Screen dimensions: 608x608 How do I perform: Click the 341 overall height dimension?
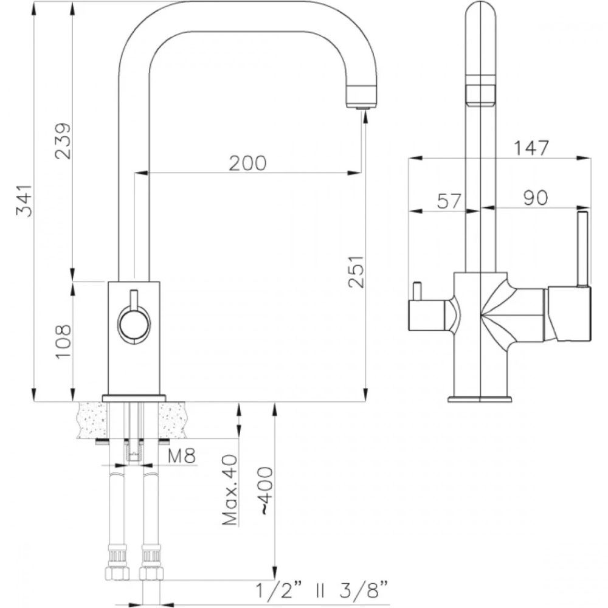point(24,201)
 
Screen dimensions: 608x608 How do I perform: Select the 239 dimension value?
point(63,141)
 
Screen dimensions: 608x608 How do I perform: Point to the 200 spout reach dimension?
point(248,163)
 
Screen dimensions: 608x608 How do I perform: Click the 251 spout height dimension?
point(356,271)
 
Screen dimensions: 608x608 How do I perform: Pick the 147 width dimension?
point(531,148)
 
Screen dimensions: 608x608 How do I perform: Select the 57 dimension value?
point(449,201)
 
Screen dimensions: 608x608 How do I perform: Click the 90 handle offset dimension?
point(536,198)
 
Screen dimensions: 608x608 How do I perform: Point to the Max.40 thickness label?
point(230,490)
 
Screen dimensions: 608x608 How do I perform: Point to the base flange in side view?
point(480,399)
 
